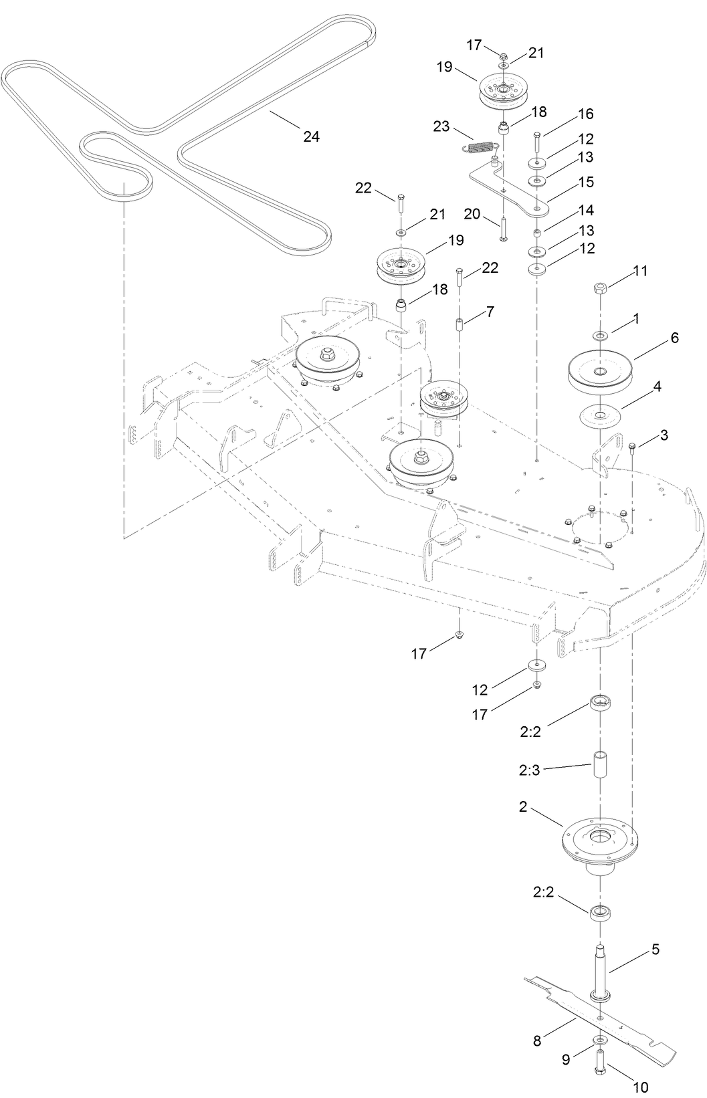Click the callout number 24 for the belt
click(x=311, y=136)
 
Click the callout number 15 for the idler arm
click(x=586, y=182)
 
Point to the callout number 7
click(x=490, y=312)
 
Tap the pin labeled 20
click(x=502, y=227)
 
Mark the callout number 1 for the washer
click(x=636, y=320)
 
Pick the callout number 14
click(x=586, y=211)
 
